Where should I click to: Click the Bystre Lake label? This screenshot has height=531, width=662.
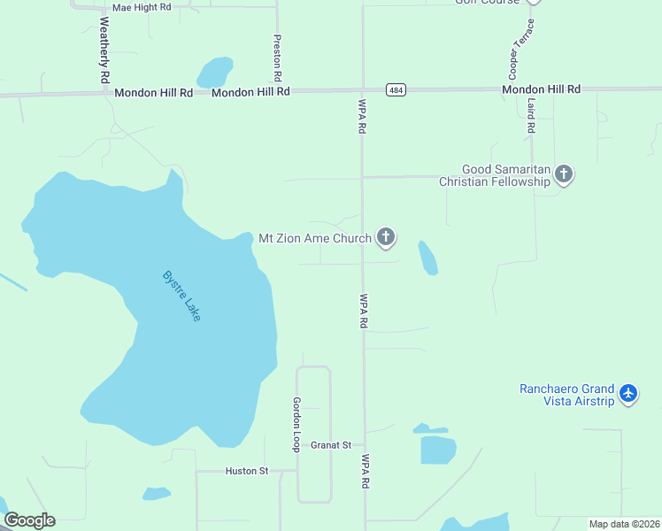(x=181, y=296)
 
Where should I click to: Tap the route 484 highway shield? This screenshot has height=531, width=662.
(x=396, y=90)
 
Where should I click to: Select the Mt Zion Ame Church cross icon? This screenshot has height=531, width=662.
(x=385, y=237)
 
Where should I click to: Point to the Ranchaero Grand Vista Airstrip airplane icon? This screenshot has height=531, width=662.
(x=628, y=393)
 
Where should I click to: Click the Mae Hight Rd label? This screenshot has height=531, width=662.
(x=141, y=6)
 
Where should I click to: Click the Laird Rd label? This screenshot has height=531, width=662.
(x=531, y=115)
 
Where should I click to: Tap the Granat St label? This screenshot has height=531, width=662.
(x=331, y=445)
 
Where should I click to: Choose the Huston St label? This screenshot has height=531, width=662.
(x=247, y=471)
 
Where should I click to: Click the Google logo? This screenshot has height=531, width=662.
(x=29, y=520)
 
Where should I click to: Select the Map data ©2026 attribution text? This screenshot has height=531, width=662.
(x=624, y=524)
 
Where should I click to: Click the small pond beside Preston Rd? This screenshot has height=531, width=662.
(x=214, y=72)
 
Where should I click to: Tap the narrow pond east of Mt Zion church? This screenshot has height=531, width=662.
(x=427, y=258)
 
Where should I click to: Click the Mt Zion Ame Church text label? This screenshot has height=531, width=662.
(x=314, y=238)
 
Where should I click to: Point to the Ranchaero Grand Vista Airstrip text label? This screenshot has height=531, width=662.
(x=566, y=394)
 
